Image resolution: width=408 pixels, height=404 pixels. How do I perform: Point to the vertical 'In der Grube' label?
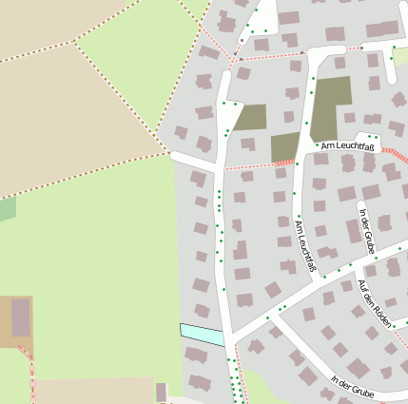[367, 231]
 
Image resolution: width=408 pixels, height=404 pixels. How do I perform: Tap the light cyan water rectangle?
[202, 334]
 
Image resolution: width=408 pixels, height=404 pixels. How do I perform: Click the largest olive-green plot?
[331, 108]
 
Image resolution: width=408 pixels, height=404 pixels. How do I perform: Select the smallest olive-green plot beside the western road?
[251, 118]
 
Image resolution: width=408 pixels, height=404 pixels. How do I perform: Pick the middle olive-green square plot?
[285, 146]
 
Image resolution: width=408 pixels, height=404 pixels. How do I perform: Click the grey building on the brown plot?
[21, 318]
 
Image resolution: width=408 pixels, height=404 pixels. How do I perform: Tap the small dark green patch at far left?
[7, 209]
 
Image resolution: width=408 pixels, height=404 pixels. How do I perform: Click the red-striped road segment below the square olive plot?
[282, 164]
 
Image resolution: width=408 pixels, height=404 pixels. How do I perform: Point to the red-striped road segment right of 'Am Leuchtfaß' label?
[394, 153]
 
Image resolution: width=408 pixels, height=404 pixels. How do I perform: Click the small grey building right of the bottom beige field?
[161, 391]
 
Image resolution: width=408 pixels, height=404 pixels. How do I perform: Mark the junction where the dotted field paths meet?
[73, 43]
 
